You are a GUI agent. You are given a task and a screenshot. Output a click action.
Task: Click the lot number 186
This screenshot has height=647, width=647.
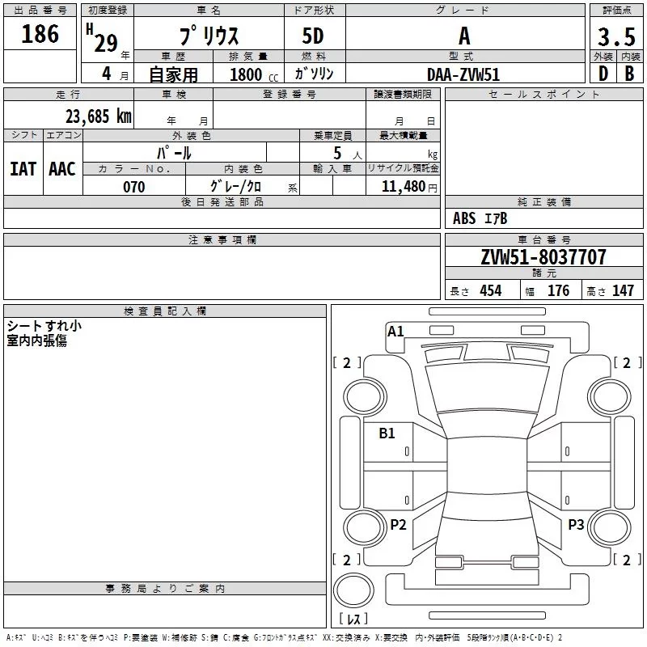click(x=40, y=33)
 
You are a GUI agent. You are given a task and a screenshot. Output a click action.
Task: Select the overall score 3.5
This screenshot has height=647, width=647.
click(x=616, y=36)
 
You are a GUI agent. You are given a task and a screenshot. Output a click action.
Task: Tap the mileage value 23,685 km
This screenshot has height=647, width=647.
click(x=99, y=116)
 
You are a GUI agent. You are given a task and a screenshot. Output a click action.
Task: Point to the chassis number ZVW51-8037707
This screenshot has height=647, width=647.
click(x=543, y=257)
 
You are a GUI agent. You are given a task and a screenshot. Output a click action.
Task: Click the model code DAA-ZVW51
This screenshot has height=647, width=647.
click(x=463, y=74)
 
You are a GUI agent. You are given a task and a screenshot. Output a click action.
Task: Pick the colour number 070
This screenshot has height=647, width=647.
click(x=134, y=187)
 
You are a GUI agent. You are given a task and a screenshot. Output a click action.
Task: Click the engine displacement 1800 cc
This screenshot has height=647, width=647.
click(x=254, y=74)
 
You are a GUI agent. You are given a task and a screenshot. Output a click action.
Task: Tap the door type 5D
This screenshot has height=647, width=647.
click(x=313, y=36)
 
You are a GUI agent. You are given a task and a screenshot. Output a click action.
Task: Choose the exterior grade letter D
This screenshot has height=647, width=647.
click(x=603, y=74)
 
